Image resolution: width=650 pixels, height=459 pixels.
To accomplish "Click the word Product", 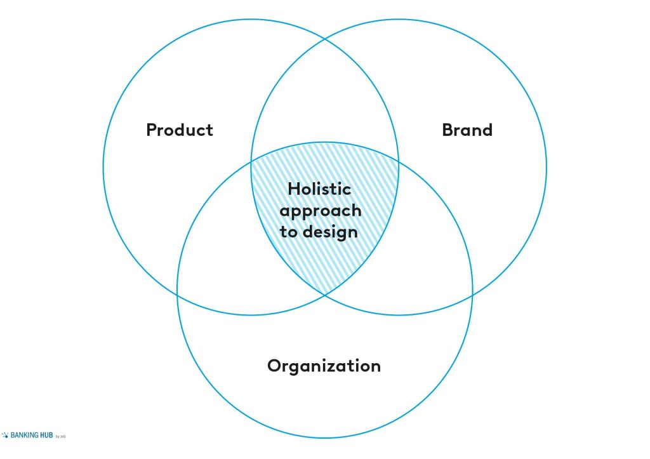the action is point(180,130).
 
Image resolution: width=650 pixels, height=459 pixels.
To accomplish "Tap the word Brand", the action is point(467,130).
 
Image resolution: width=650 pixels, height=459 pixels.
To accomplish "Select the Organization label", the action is point(324,366).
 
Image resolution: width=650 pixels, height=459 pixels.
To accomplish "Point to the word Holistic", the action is point(320,189).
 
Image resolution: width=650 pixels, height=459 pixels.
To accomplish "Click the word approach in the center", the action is point(321,211).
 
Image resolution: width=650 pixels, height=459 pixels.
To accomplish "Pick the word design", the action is point(330,231).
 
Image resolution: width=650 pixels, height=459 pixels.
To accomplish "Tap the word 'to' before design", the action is point(289,232).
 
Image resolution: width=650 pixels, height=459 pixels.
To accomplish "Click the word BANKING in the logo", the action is point(25,435).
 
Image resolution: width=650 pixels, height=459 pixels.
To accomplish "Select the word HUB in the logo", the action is point(46,435).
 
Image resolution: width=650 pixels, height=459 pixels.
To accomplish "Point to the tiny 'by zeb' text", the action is point(60,436).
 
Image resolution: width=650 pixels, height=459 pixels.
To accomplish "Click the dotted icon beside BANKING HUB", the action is point(5,435).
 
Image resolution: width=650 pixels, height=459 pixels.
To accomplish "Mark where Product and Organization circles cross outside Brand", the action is point(178,295).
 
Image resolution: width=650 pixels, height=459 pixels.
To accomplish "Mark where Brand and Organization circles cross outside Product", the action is point(472,295).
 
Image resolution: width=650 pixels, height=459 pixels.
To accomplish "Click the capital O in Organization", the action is point(274,366).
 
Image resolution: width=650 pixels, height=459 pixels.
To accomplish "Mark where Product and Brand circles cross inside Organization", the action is point(325,295).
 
